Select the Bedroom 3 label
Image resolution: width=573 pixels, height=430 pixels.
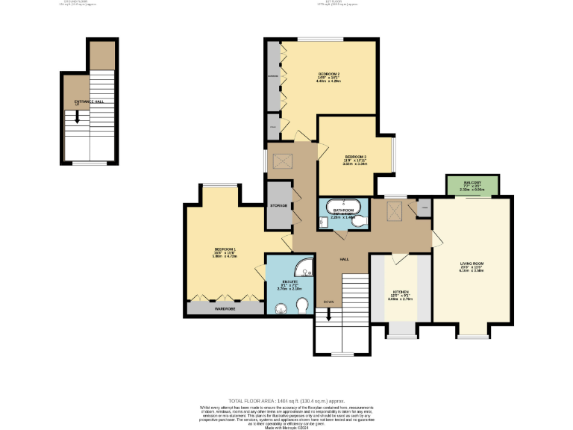tap(354, 158)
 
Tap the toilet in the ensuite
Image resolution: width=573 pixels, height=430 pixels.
tap(303, 306)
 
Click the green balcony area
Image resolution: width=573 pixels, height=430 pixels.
tap(472, 185)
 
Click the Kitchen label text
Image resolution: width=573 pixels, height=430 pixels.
tap(401, 293)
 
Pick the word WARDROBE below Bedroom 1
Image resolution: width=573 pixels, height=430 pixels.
tap(225, 308)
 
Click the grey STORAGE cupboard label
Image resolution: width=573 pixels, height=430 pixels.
tap(279, 205)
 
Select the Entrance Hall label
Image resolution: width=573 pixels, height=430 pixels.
tap(88, 101)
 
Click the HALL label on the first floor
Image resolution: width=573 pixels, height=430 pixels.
tap(345, 259)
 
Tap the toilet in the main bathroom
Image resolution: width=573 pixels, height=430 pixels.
tap(360, 222)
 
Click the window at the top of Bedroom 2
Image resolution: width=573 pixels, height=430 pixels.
tap(321, 39)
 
